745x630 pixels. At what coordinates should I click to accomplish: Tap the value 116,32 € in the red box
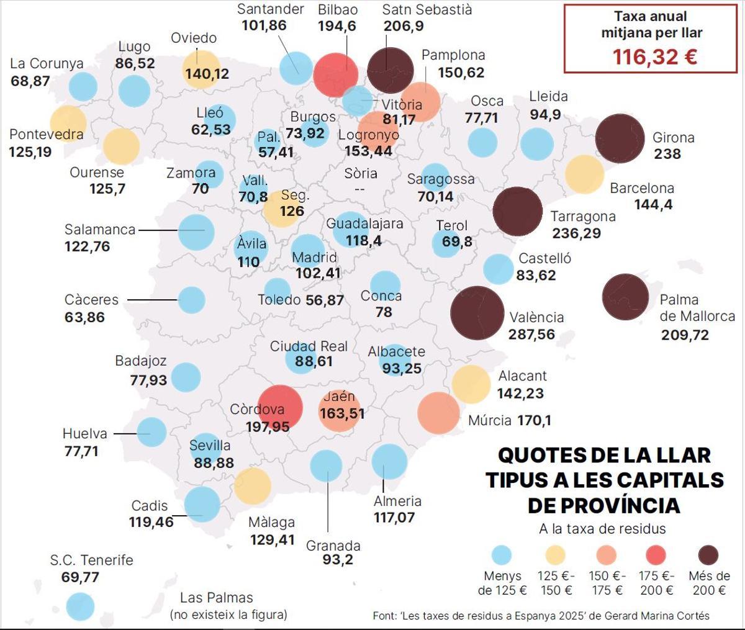pyautogui.click(x=654, y=57)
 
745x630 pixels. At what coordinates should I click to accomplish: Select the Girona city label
pyautogui.click(x=673, y=138)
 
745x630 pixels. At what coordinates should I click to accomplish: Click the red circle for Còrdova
pyautogui.click(x=279, y=408)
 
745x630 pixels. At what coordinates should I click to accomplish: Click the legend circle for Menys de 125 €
pyautogui.click(x=501, y=555)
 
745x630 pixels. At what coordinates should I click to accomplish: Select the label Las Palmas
pyautogui.click(x=217, y=598)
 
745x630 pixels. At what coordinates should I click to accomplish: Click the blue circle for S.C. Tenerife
pyautogui.click(x=80, y=606)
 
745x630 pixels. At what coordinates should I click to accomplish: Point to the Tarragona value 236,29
pyautogui.click(x=577, y=233)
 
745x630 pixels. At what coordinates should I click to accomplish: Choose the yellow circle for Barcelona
pyautogui.click(x=584, y=174)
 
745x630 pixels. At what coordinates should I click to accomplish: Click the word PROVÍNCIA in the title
pyautogui.click(x=603, y=505)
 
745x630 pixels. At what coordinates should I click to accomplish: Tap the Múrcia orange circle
pyautogui.click(x=438, y=413)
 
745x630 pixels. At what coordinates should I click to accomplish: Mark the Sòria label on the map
pyautogui.click(x=361, y=174)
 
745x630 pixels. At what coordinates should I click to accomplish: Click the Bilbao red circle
pyautogui.click(x=336, y=74)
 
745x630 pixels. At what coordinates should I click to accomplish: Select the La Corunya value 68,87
pyautogui.click(x=30, y=81)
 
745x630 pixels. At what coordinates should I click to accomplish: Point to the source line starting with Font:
pyautogui.click(x=541, y=616)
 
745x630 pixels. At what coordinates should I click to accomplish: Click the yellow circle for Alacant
pyautogui.click(x=471, y=384)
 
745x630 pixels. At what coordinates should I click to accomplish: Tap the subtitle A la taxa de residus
pyautogui.click(x=602, y=529)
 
